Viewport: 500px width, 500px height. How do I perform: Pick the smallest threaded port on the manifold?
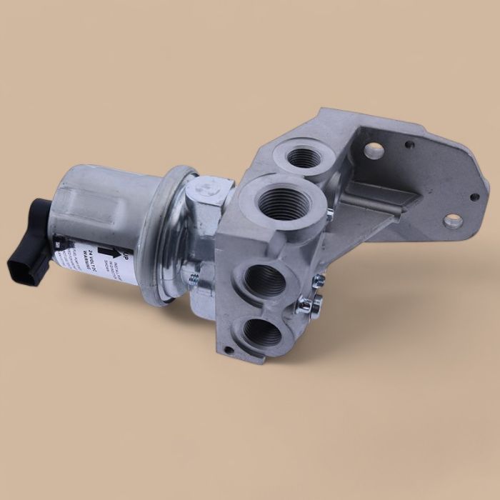pyautogui.click(x=304, y=156)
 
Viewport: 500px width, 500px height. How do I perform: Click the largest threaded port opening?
pyautogui.click(x=284, y=202)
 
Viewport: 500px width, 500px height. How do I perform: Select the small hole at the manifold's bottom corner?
pyautogui.click(x=226, y=350)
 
